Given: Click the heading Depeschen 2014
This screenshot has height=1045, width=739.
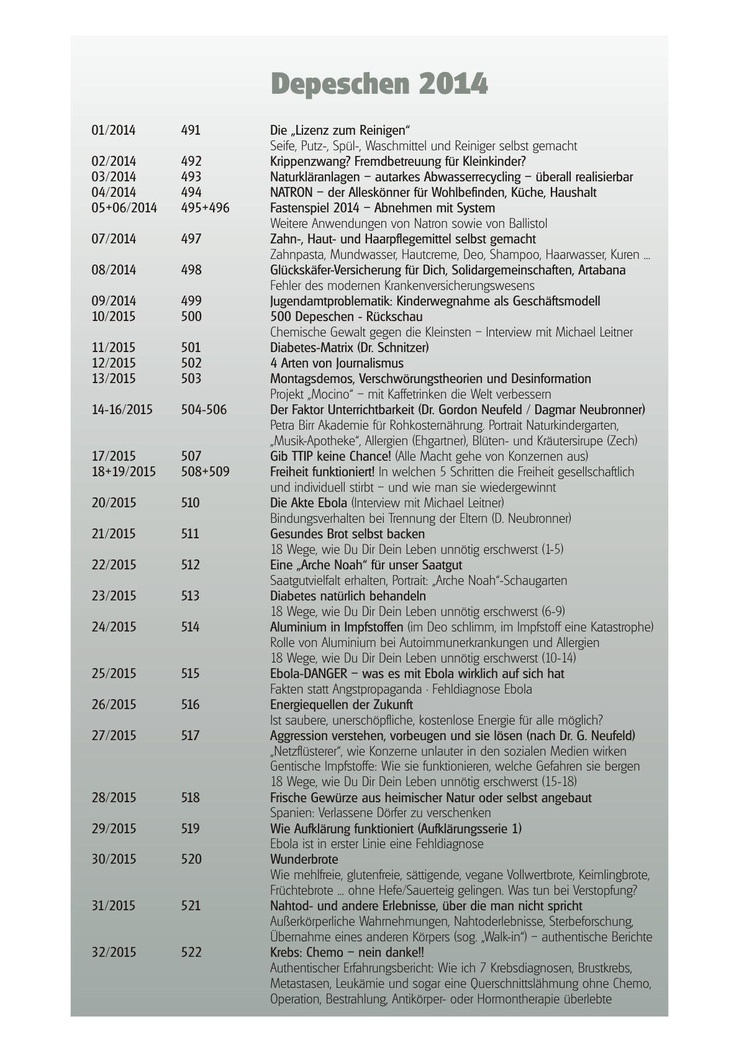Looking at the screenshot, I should pos(379,84).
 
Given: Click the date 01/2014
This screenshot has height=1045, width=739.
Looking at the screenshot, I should pos(113,130).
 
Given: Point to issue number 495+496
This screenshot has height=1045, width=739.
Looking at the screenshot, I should pos(205,208).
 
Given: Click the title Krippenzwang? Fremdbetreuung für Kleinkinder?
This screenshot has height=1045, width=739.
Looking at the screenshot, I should pos(398,161).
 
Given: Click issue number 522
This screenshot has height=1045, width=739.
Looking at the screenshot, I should pos(191,952).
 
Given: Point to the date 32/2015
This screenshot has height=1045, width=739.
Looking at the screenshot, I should pos(114,952).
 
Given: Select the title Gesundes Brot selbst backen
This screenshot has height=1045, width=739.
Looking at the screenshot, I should pos(347,534).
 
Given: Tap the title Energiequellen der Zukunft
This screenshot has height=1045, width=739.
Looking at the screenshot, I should pos(341,705).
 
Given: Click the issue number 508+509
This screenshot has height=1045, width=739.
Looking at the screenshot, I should pos(205,472).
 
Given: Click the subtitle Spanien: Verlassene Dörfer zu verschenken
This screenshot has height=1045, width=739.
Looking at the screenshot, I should pos(380,813).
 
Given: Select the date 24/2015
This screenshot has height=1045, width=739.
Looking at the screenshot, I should pos(114,627).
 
